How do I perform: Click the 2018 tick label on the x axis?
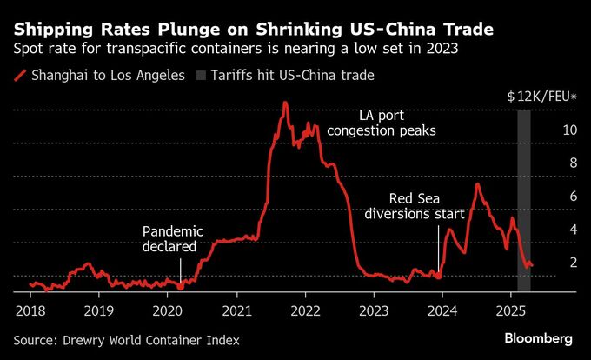[x=30, y=310]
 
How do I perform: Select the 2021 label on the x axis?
[x=236, y=310]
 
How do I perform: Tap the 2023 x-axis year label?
[x=374, y=310]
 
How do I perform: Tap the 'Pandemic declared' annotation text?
[x=173, y=239]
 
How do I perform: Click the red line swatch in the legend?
[x=20, y=76]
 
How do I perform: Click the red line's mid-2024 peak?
[x=476, y=184]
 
